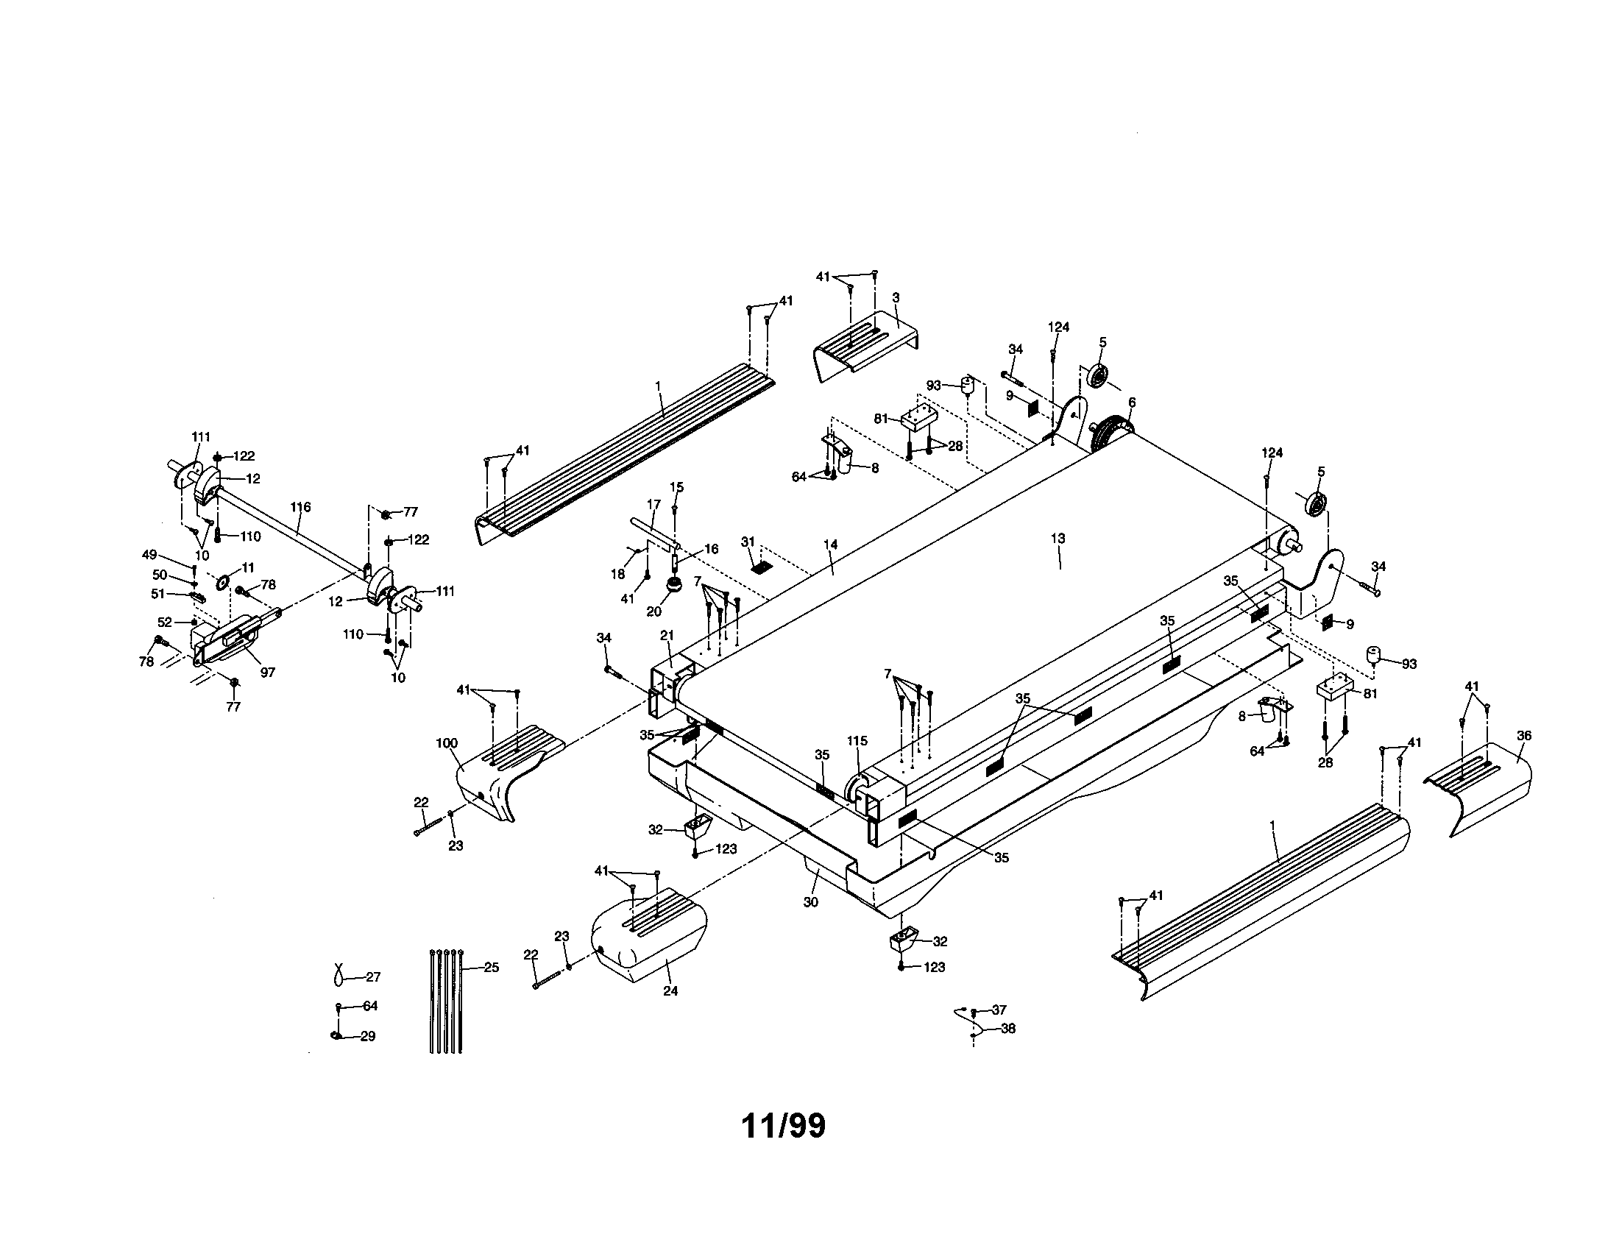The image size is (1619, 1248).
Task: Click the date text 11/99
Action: (x=783, y=1126)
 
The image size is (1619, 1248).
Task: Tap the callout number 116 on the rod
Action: (x=300, y=508)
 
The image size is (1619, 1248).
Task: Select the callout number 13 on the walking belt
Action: (x=1058, y=538)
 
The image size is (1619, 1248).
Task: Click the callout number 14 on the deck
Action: (x=830, y=545)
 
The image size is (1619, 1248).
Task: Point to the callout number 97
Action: (x=267, y=672)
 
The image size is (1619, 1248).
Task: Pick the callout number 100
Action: (x=447, y=743)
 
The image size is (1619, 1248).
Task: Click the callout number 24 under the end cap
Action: (x=670, y=991)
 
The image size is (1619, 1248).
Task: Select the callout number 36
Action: (x=1524, y=736)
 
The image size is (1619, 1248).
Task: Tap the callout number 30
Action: (x=811, y=903)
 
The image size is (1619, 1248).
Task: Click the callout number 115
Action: (x=857, y=741)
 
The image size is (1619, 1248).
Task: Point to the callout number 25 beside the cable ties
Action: (x=491, y=967)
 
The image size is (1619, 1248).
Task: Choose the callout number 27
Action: (x=373, y=977)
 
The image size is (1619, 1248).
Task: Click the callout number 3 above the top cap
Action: (x=896, y=297)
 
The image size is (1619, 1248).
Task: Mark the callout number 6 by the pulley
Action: (x=1132, y=403)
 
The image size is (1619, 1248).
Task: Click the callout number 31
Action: (x=747, y=542)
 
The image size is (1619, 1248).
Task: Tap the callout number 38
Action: (x=1008, y=1029)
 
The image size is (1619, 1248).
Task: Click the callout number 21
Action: (x=667, y=635)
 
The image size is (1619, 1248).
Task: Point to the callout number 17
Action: (x=653, y=505)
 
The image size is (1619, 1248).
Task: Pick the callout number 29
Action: (x=368, y=1037)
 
